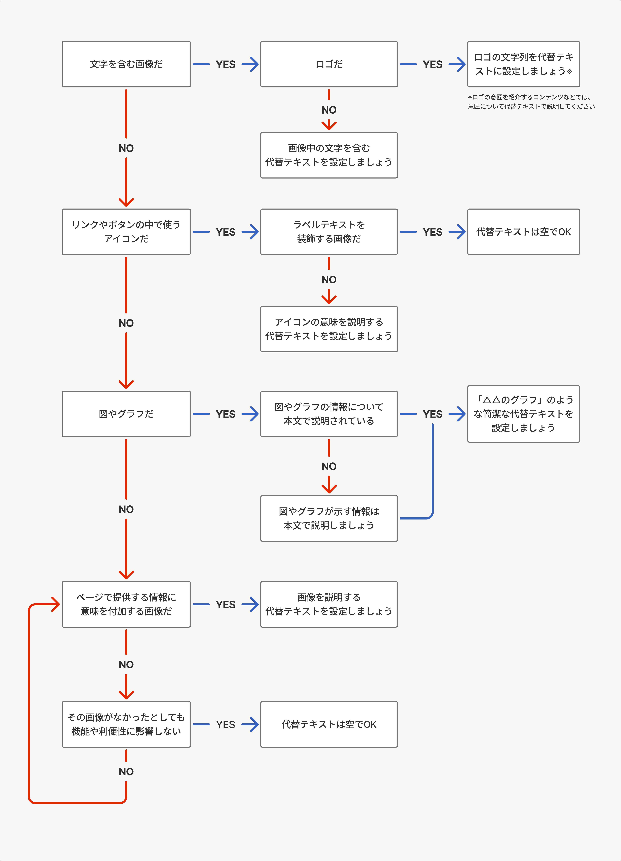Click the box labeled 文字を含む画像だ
(126, 64)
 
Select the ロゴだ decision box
(329, 64)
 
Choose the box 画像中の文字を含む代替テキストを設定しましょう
(329, 155)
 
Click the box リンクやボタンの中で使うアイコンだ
(126, 232)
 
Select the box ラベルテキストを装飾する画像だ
(329, 232)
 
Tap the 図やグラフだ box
(126, 414)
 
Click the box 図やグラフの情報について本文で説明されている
(329, 414)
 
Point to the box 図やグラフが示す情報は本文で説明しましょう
(329, 518)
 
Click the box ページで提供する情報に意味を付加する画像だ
(126, 604)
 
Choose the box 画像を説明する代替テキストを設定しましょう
(329, 604)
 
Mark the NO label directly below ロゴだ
(329, 110)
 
